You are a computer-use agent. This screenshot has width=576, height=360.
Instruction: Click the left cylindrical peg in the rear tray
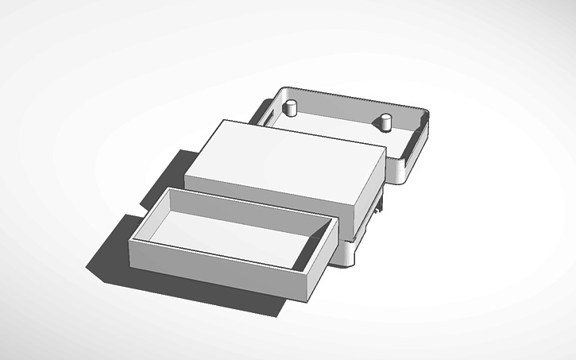coord(291,108)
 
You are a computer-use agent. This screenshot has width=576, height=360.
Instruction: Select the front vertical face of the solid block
coord(270,195)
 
